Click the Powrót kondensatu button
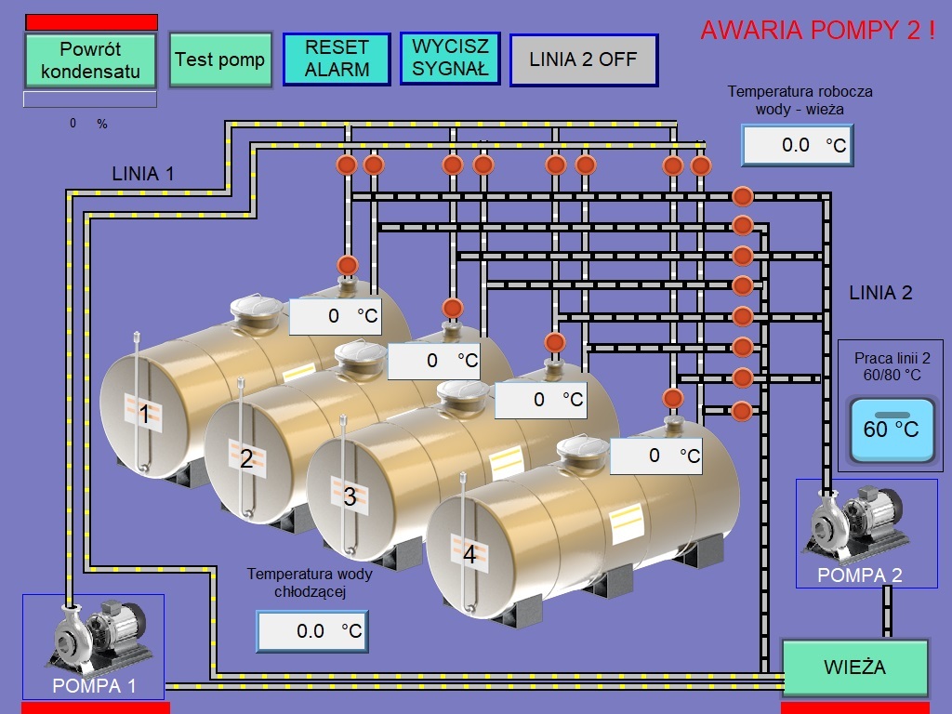click(90, 59)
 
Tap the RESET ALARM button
click(337, 59)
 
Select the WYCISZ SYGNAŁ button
click(451, 58)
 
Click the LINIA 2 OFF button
click(584, 59)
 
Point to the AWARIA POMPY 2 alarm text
click(817, 31)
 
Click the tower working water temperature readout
click(797, 145)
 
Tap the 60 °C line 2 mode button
click(891, 429)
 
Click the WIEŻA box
click(855, 668)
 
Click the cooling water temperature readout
click(312, 631)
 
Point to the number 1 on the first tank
click(143, 413)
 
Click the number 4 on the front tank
click(469, 555)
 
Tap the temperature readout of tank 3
click(539, 400)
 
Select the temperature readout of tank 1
click(335, 316)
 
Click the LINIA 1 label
click(142, 173)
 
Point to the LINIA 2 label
click(880, 293)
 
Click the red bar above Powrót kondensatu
click(91, 22)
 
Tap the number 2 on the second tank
click(246, 458)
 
